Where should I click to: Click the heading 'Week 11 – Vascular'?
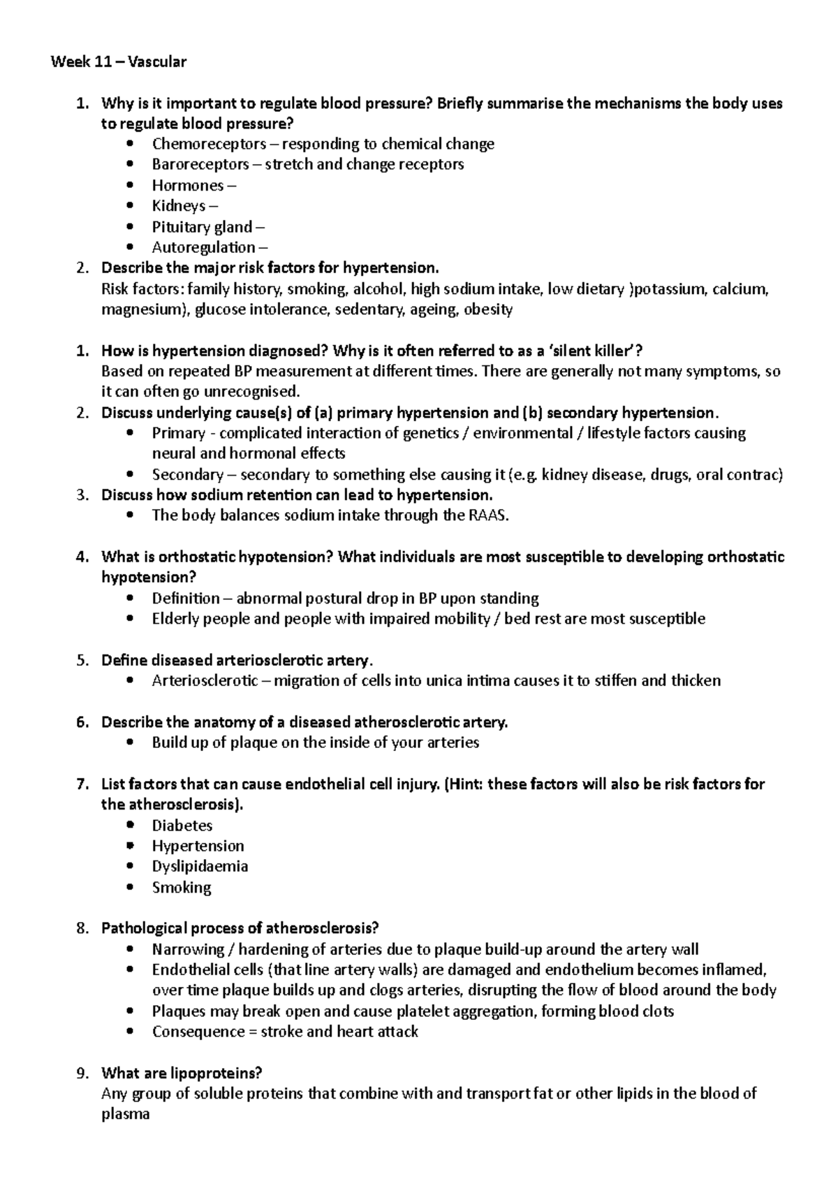pyautogui.click(x=118, y=62)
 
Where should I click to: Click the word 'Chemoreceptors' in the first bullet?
pyautogui.click(x=209, y=145)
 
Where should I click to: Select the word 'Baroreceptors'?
pyautogui.click(x=200, y=165)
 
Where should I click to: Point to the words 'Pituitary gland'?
pyautogui.click(x=202, y=227)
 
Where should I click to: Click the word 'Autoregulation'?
pyautogui.click(x=203, y=247)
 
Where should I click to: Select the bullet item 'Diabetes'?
pyautogui.click(x=182, y=826)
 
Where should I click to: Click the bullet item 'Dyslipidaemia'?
pyautogui.click(x=200, y=867)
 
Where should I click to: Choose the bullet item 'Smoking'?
pyautogui.click(x=182, y=888)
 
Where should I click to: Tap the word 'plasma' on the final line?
pyautogui.click(x=126, y=1115)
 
